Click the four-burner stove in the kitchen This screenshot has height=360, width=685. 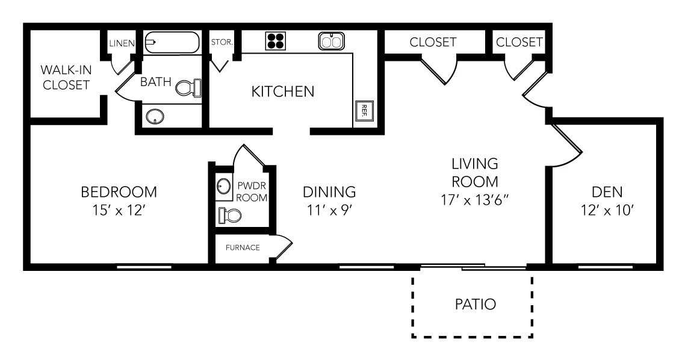(x=276, y=42)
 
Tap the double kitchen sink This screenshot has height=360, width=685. (x=331, y=41)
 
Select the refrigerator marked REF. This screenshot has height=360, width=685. (x=364, y=111)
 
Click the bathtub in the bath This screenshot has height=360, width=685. (x=172, y=42)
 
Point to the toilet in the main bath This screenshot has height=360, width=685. (x=189, y=88)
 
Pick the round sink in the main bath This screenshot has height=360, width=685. (x=155, y=116)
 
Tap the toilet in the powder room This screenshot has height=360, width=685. (x=230, y=215)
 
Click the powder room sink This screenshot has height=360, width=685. (x=224, y=186)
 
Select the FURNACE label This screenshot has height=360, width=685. (x=243, y=247)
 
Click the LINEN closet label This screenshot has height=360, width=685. (x=122, y=43)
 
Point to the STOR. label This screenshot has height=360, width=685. (x=222, y=42)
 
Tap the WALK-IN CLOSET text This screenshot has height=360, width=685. (x=66, y=77)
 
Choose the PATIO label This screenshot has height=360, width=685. (x=476, y=304)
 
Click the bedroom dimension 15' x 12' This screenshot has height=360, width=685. (x=119, y=211)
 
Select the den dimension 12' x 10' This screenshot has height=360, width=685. (x=607, y=211)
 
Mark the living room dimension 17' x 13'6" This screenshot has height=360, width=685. (x=476, y=200)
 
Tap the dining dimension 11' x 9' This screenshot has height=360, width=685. (x=329, y=211)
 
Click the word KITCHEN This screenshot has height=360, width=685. (x=283, y=92)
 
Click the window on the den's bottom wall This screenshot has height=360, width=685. (x=606, y=267)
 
